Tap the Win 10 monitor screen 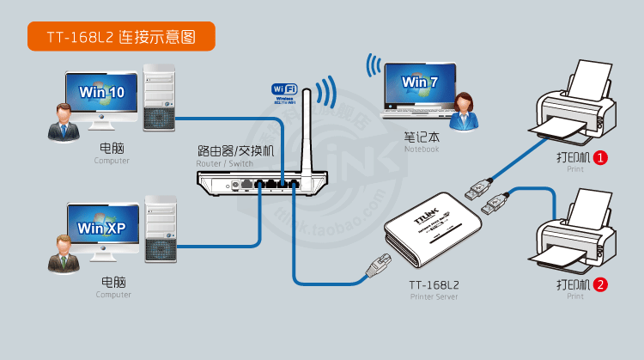tap(101, 92)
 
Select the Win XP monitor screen tap(101, 228)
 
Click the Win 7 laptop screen tap(419, 82)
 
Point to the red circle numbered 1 tap(601, 158)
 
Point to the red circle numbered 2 tap(601, 284)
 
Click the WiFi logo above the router tap(284, 89)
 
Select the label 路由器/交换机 tap(235, 151)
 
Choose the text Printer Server tap(434, 296)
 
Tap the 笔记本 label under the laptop tap(421, 137)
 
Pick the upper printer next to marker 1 tap(574, 107)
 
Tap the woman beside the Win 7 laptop tap(465, 111)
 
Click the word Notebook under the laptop tap(422, 149)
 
